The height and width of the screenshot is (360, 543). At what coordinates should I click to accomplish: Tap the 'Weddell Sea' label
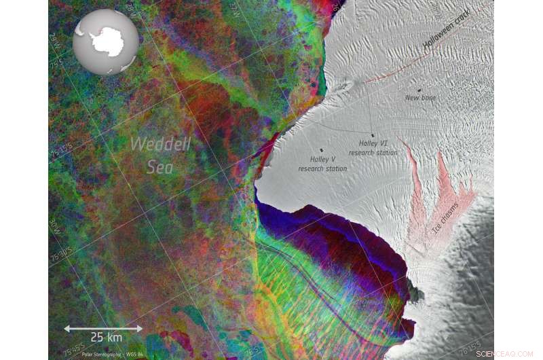(160, 155)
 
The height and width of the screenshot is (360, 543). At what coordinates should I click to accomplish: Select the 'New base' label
(420, 98)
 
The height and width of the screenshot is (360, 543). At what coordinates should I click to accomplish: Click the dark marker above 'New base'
(419, 90)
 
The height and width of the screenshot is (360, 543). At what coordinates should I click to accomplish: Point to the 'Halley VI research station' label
(373, 148)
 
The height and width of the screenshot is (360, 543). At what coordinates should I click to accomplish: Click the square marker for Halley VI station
(372, 136)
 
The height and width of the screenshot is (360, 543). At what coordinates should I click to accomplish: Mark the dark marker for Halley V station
(320, 150)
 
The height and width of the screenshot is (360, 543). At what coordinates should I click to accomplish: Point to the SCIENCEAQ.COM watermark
(506, 353)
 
